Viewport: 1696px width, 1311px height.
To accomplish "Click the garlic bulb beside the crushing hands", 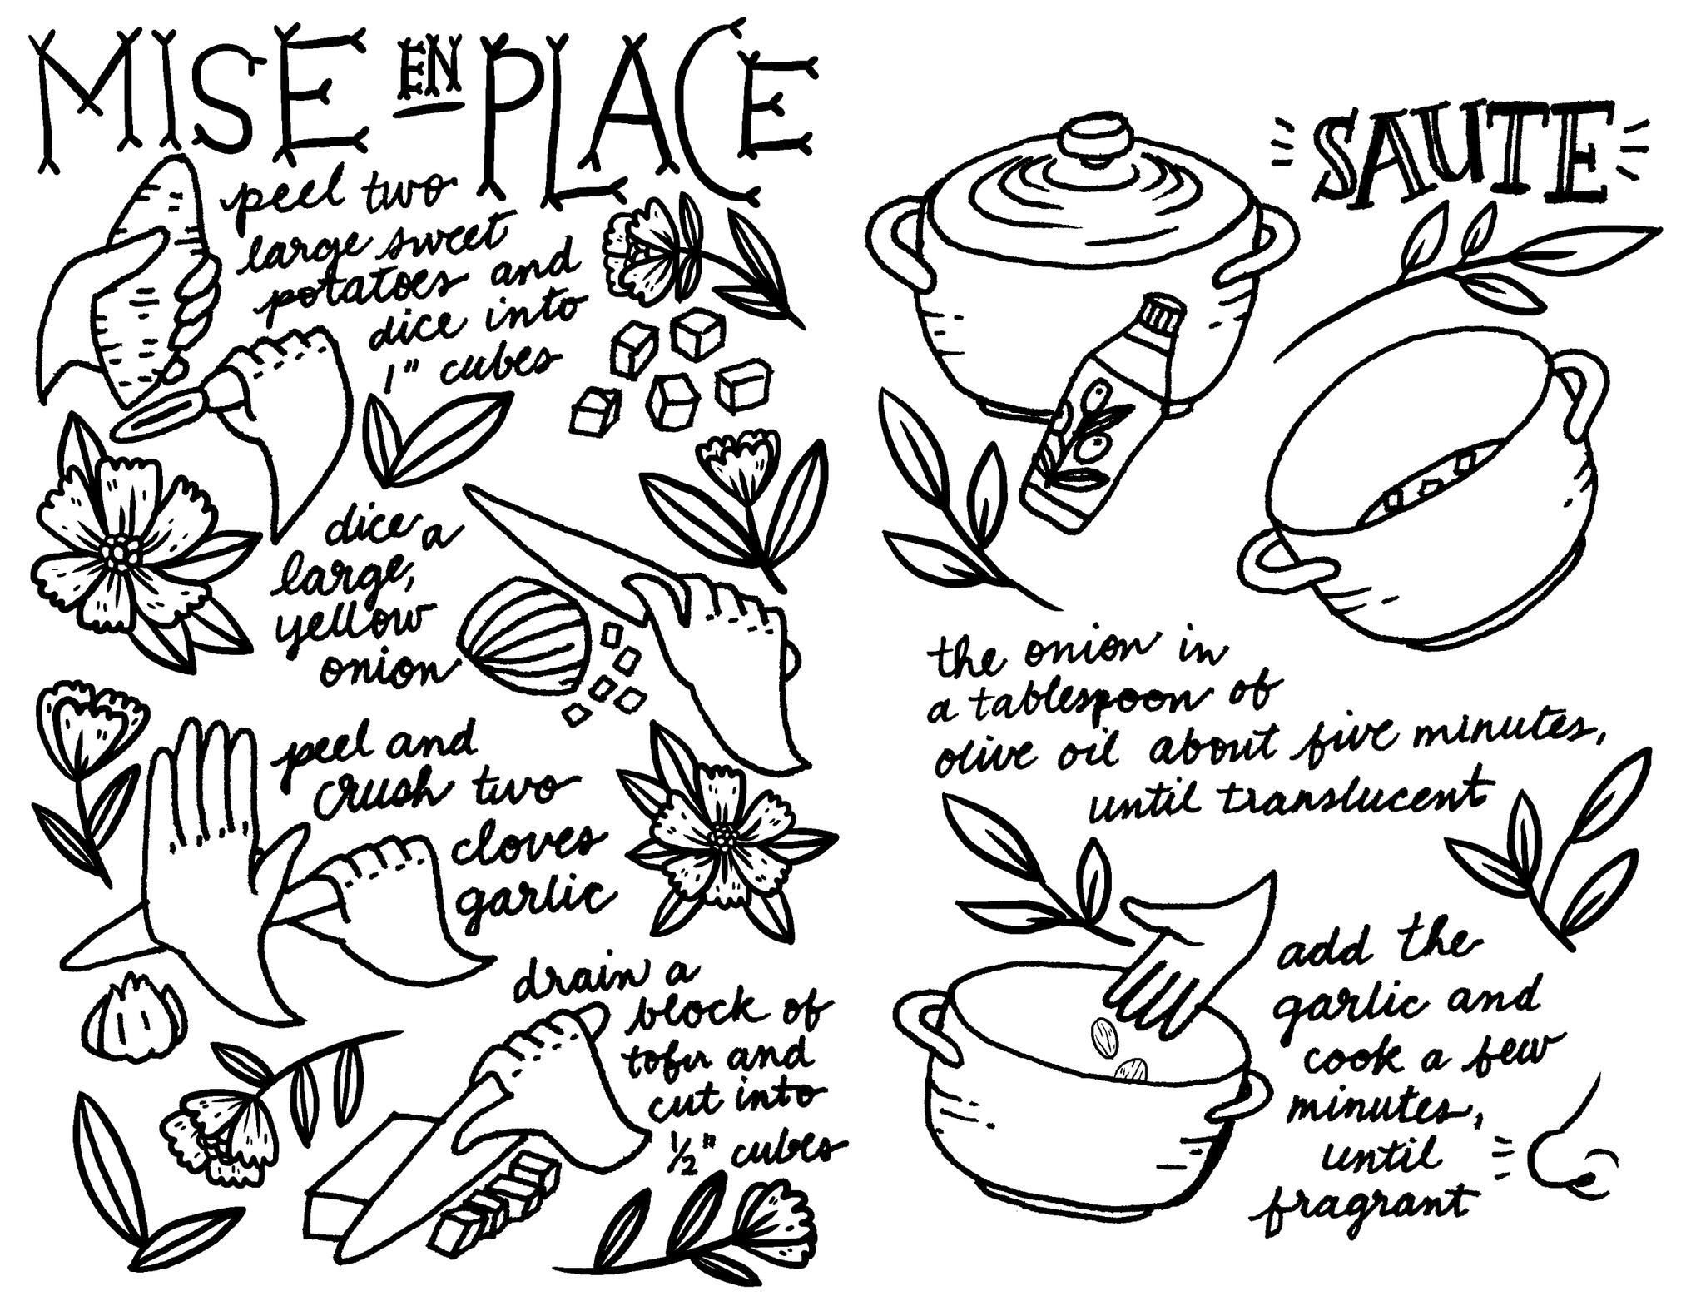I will click(x=134, y=1017).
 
